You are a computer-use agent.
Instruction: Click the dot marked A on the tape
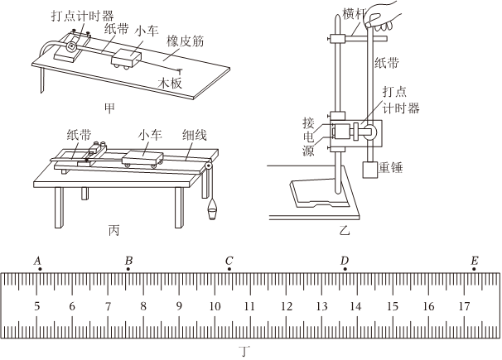[37, 271]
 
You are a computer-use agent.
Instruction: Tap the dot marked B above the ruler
[128, 271]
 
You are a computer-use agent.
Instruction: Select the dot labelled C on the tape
[229, 271]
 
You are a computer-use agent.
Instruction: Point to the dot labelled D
[345, 271]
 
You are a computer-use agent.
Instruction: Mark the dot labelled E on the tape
[474, 271]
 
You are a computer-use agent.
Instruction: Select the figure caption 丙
[117, 227]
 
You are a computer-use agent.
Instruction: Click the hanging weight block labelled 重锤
[369, 171]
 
